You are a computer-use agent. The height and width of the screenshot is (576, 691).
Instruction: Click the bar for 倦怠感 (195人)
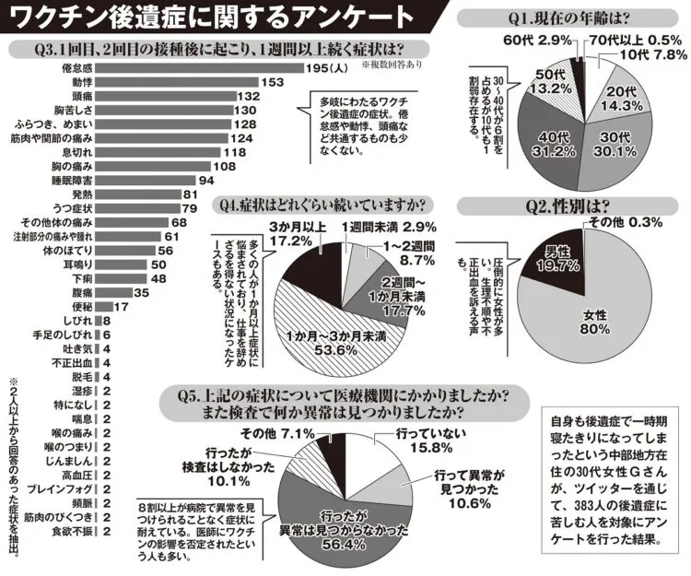point(203,67)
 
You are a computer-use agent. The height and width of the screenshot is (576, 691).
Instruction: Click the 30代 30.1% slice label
point(623,147)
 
